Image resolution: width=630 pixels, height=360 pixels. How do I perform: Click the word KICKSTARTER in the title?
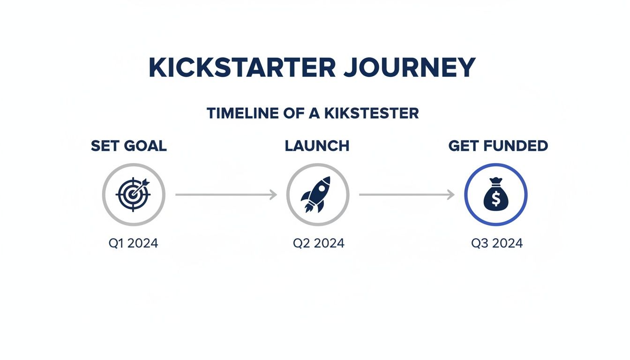coord(242,68)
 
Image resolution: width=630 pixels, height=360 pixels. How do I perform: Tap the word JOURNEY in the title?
coord(409,68)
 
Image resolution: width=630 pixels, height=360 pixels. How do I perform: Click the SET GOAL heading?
coord(129,146)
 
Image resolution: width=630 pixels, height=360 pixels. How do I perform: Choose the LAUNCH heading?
coord(317,146)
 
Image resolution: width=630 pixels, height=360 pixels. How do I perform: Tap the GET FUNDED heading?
coord(498,146)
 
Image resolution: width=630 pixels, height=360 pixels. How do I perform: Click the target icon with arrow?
coord(134,195)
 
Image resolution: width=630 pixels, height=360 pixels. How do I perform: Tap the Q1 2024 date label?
coord(133,243)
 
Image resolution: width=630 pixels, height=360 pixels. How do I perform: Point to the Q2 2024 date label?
coord(319,243)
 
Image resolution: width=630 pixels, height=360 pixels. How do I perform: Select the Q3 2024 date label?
coord(497,243)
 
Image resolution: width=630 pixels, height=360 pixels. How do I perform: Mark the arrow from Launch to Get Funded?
coord(406,195)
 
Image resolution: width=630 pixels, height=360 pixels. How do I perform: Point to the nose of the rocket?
coord(327,180)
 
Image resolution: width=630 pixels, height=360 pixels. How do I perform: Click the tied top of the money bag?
coord(496,181)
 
